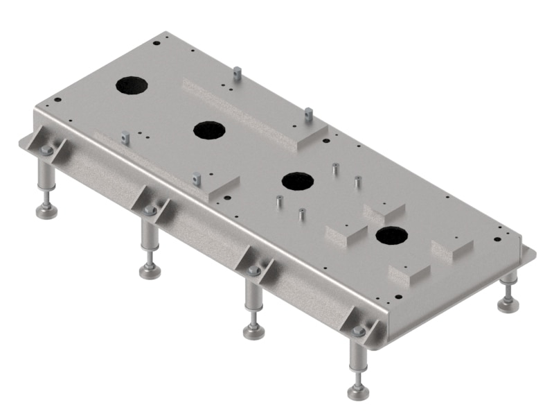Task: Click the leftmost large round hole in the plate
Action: [132, 85]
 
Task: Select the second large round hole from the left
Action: [210, 130]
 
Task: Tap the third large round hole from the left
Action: [298, 182]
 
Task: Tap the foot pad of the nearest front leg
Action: [358, 392]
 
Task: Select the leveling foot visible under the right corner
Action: [510, 303]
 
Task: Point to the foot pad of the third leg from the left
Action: [254, 331]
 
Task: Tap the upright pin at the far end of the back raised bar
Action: [238, 72]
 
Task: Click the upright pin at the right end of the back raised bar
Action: [309, 114]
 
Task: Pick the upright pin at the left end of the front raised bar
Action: [125, 137]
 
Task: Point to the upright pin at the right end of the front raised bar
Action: [197, 178]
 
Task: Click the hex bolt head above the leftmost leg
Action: [46, 150]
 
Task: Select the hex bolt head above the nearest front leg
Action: [358, 332]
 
